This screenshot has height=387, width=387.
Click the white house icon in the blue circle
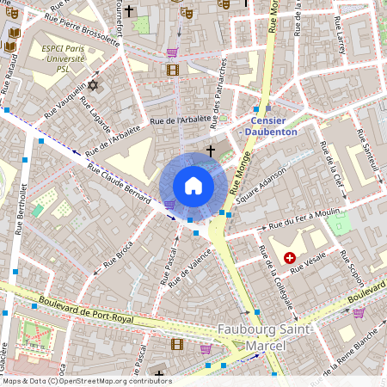[193, 185]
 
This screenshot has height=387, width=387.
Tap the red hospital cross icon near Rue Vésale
[290, 258]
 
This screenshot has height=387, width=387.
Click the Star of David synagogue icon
[95, 86]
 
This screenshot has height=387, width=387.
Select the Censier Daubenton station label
[272, 127]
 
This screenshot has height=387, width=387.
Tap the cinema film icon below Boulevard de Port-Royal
[176, 344]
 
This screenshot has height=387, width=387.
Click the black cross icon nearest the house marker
[210, 150]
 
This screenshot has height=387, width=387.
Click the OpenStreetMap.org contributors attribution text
[114, 381]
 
